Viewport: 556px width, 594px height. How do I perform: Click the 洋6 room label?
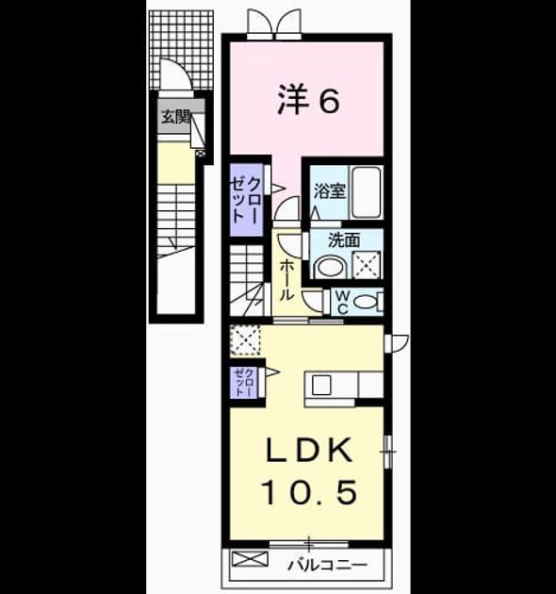tap(308, 101)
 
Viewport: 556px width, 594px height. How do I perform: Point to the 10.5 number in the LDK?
tap(309, 492)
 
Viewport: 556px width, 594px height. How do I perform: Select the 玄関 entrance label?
tap(175, 117)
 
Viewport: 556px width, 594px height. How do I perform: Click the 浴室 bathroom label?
tap(330, 190)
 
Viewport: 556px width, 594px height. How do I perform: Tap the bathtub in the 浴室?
tap(367, 192)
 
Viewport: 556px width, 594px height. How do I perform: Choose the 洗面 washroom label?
tap(344, 240)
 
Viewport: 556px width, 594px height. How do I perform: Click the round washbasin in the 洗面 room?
tap(330, 266)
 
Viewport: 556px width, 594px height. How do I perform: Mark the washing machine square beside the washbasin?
tap(367, 265)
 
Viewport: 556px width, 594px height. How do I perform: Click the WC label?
tap(342, 302)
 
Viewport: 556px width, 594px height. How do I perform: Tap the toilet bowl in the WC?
tap(366, 302)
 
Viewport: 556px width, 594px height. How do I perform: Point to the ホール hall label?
tap(286, 280)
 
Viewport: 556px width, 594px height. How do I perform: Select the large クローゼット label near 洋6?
tap(246, 199)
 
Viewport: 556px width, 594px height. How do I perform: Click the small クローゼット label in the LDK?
tap(244, 382)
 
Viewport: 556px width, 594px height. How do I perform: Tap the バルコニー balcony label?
tap(327, 566)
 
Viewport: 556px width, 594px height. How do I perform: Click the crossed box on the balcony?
tap(250, 559)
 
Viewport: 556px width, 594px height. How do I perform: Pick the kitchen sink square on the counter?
tap(321, 385)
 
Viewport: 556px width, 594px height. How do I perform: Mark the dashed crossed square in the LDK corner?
tap(245, 340)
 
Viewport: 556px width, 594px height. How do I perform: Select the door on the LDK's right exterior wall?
tap(397, 343)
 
